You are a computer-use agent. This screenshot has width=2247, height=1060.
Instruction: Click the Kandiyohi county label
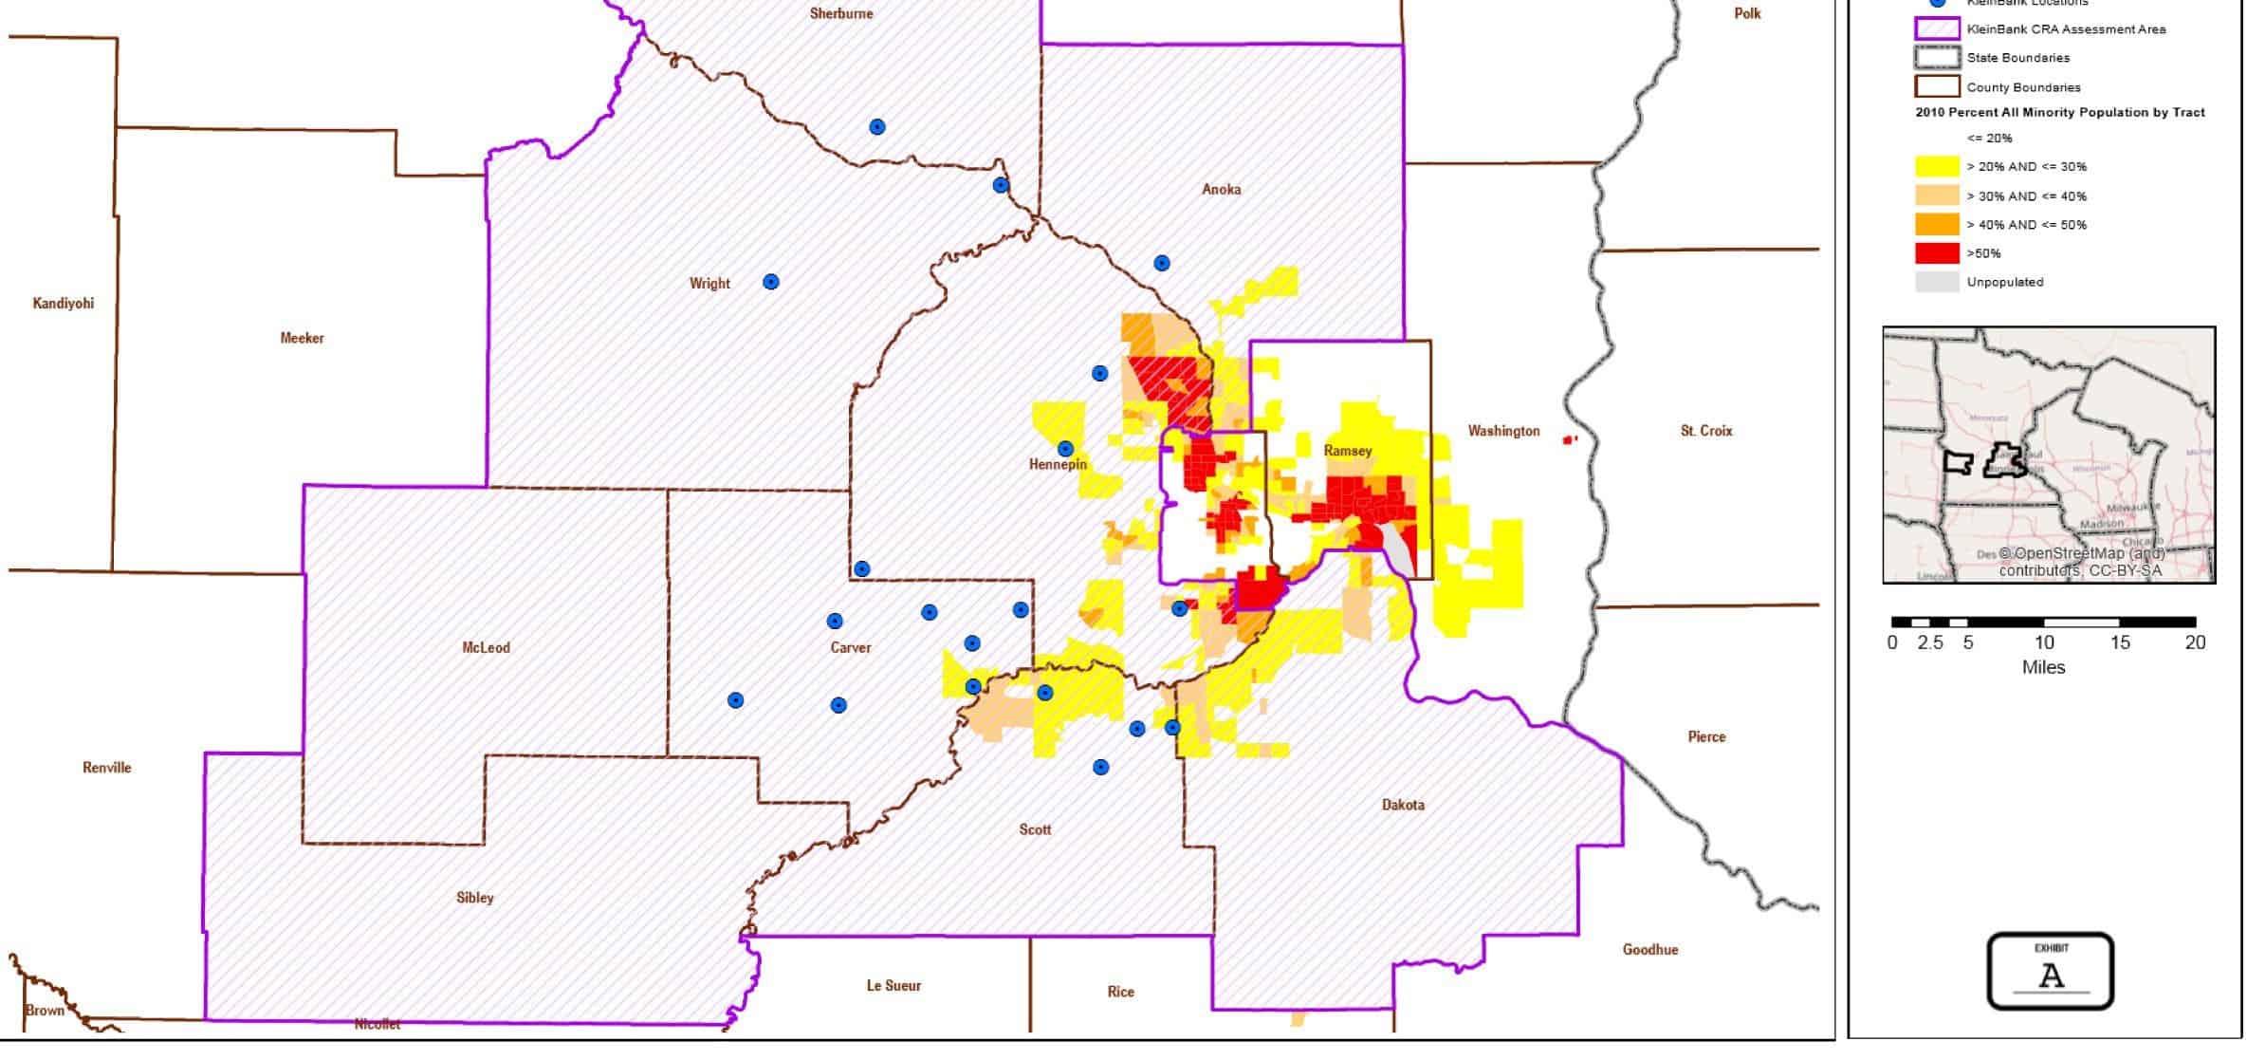[63, 304]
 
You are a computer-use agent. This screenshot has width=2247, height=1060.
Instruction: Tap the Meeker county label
[302, 338]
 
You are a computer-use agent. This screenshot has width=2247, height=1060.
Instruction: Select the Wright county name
[709, 284]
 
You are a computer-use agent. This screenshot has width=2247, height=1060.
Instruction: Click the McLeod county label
[486, 648]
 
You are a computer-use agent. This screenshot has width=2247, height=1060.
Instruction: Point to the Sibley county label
[474, 898]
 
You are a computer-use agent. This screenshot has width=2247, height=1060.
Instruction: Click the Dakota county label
[1403, 805]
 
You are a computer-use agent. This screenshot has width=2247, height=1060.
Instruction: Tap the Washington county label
[1503, 432]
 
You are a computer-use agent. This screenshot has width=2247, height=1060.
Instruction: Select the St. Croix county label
[1705, 431]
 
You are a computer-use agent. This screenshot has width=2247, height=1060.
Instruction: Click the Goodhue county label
[1649, 950]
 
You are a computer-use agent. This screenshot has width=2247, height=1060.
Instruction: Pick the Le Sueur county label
[893, 986]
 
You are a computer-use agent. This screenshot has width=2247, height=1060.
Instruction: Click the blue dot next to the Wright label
[771, 282]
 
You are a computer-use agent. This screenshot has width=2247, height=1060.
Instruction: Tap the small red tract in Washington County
[1568, 440]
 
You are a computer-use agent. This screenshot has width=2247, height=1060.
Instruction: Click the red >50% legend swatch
[1937, 253]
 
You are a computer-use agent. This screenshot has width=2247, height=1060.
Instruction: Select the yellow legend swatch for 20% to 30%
[1937, 167]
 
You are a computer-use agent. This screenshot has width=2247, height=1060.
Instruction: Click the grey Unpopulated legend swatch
[1937, 282]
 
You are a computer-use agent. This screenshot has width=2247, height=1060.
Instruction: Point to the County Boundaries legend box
[1937, 87]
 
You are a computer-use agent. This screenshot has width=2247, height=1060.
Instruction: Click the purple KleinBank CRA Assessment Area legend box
[1937, 29]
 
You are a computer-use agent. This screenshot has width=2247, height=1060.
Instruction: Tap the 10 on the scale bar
[2043, 643]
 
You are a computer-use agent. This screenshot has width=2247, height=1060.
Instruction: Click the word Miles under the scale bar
[2043, 668]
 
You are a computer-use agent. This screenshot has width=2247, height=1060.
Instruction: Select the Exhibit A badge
[2050, 972]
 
